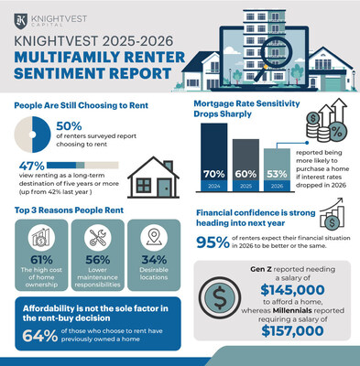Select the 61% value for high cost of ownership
pos(37,258)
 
